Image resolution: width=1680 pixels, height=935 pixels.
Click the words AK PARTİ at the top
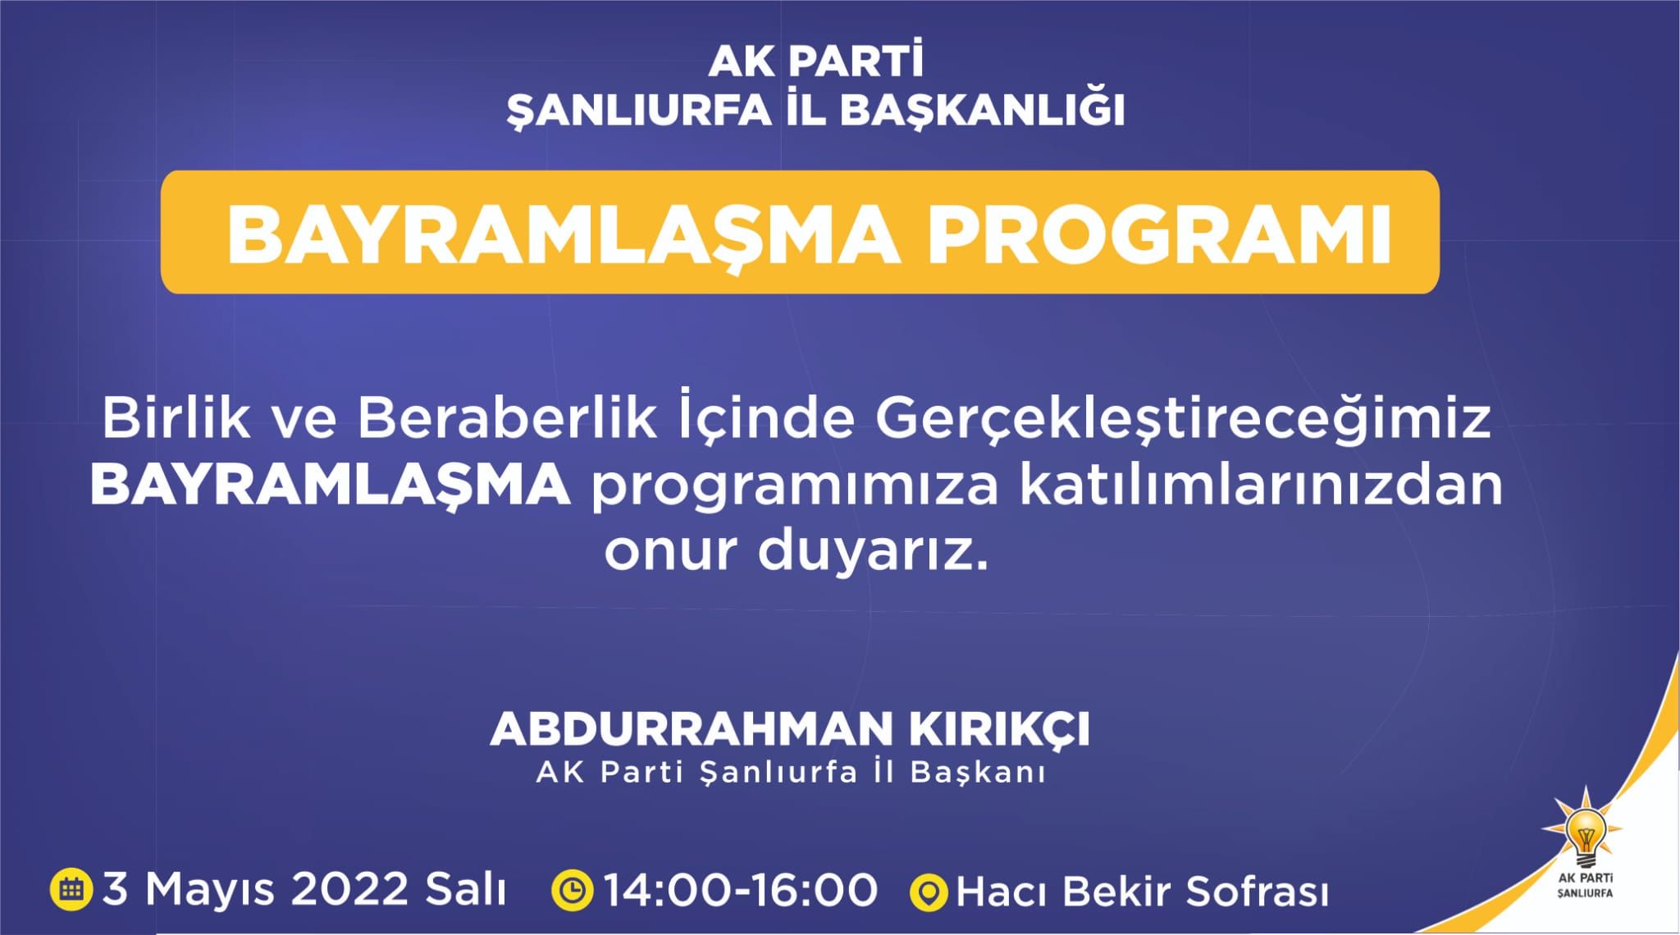[x=815, y=62]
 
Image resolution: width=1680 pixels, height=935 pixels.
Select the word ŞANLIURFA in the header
[x=640, y=112]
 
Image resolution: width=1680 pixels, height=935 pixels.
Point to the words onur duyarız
[x=795, y=552]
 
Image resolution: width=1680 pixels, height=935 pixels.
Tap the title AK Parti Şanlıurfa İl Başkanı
[x=791, y=773]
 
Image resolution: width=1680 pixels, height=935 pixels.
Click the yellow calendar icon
[x=72, y=890]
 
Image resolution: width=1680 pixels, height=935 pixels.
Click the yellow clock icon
[x=572, y=890]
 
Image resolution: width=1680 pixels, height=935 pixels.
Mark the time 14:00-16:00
[x=741, y=890]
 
